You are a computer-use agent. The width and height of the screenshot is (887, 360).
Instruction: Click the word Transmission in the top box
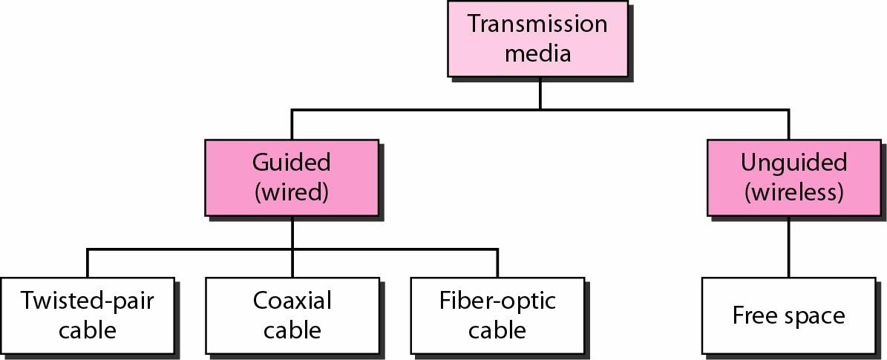[537, 24]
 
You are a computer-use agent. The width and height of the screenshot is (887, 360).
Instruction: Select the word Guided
[291, 162]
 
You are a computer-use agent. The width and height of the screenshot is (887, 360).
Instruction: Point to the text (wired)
[291, 192]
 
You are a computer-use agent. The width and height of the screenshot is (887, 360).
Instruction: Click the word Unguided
[793, 162]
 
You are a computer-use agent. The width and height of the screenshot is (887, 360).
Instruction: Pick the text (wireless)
[793, 192]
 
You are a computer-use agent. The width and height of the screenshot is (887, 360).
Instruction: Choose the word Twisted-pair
[88, 301]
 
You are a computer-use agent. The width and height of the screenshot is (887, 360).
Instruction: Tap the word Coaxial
[292, 301]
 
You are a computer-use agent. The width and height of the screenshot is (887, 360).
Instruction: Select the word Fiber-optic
[497, 301]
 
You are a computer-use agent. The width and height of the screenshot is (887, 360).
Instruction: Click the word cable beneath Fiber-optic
[497, 329]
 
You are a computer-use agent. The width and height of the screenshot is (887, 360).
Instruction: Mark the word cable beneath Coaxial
[292, 329]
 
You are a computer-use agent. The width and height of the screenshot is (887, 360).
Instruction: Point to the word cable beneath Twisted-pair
[88, 329]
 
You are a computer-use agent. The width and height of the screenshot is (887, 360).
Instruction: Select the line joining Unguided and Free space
[788, 248]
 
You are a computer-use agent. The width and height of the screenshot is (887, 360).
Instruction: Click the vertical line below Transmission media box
[540, 94]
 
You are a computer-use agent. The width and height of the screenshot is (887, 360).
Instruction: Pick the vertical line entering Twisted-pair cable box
[88, 264]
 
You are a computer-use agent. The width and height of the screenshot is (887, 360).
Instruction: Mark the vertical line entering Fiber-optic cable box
[497, 264]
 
